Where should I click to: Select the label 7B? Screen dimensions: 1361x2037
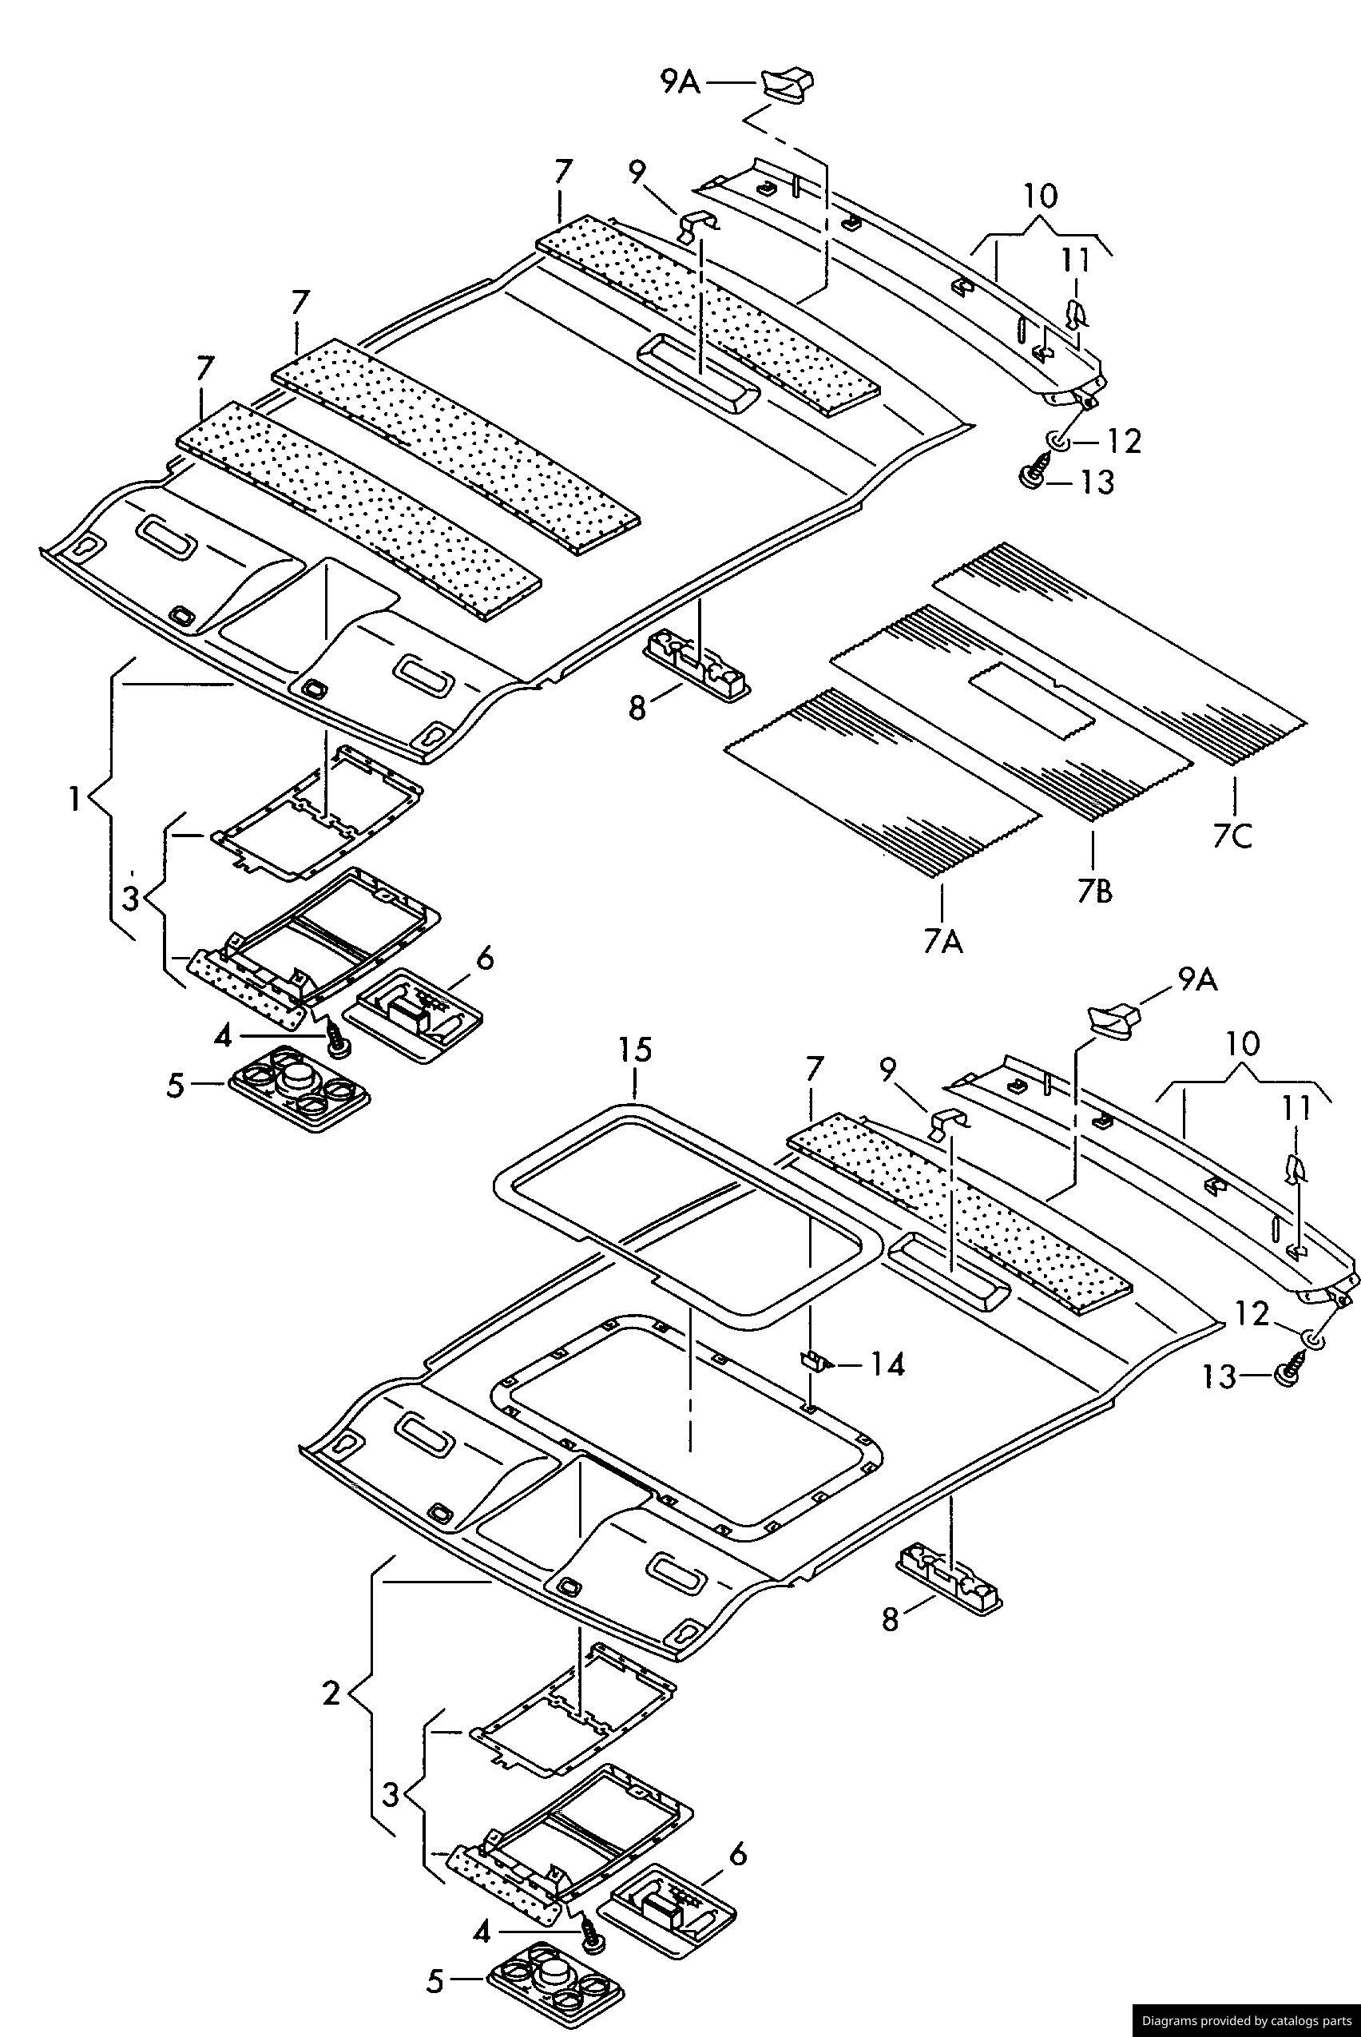1094,891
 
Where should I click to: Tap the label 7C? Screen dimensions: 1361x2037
1233,836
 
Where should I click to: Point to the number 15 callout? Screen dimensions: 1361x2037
634,1050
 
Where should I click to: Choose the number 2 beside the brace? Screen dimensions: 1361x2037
331,1693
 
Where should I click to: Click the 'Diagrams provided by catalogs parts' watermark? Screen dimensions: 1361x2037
1245,2023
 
